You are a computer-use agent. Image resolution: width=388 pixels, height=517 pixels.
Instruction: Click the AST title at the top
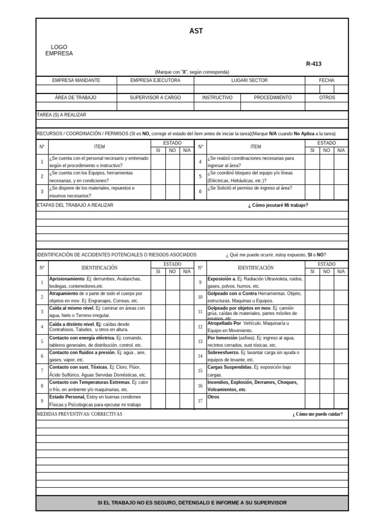[196, 31]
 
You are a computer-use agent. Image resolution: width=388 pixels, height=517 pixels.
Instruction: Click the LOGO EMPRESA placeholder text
[59, 50]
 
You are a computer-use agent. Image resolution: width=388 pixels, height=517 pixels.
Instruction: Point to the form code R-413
[313, 64]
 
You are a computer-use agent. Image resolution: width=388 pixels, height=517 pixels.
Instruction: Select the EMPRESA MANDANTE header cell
[76, 80]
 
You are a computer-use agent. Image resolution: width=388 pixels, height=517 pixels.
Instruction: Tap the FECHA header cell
[326, 80]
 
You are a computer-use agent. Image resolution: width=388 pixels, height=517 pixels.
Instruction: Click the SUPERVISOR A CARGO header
[155, 97]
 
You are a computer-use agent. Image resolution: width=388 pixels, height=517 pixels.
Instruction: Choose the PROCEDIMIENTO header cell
[272, 97]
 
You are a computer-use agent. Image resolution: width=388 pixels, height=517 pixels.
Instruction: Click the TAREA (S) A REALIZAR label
[62, 115]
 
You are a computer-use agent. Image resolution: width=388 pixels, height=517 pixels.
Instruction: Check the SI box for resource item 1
[158, 162]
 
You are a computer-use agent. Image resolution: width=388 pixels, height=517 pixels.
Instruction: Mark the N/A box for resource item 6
[341, 191]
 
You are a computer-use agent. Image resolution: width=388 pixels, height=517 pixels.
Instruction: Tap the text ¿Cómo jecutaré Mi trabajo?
[278, 205]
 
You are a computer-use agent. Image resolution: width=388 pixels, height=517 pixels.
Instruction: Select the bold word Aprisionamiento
[67, 279]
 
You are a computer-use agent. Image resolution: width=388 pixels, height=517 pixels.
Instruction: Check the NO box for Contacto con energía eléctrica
[172, 341]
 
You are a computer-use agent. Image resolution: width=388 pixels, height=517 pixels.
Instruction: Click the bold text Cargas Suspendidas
[230, 367]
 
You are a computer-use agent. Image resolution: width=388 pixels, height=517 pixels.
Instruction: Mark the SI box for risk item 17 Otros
[312, 401]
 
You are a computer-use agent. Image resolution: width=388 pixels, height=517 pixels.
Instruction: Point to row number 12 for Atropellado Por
[200, 327]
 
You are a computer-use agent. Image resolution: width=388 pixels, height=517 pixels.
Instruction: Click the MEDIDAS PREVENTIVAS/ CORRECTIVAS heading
[79, 414]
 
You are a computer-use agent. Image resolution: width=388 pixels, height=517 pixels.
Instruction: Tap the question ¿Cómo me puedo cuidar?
[317, 414]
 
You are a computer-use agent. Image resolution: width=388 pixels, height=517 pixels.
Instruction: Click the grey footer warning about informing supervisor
[192, 503]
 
